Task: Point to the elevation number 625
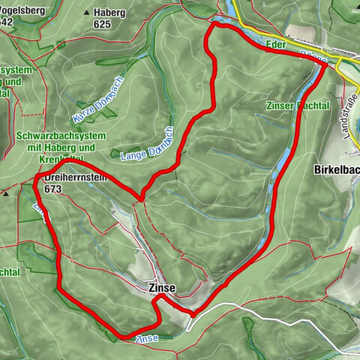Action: pos(102,24)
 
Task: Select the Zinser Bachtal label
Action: pos(298,106)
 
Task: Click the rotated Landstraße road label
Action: pos(349,112)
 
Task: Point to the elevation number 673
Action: pos(52,190)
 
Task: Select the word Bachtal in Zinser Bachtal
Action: pos(314,106)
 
